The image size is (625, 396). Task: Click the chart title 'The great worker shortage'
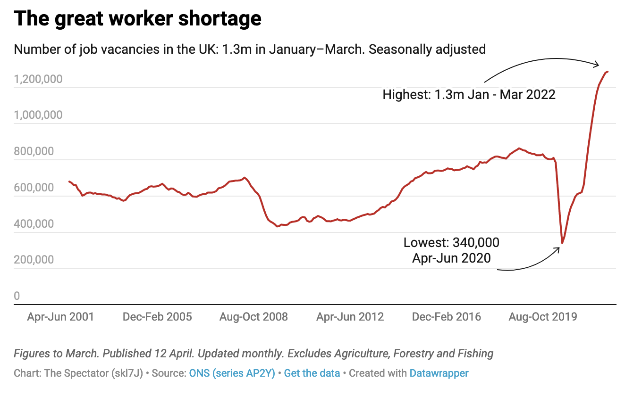[137, 19]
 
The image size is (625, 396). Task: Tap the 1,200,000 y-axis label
[38, 79]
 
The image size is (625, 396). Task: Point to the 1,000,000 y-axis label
[38, 115]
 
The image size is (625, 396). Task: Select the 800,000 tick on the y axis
[38, 151]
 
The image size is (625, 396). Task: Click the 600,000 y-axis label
[38, 188]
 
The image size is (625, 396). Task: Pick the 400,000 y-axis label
[38, 223]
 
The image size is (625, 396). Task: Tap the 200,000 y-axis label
[38, 260]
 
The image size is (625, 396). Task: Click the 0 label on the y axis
[17, 296]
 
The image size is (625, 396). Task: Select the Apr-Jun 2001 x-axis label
[60, 317]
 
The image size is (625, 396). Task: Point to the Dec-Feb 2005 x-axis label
[157, 317]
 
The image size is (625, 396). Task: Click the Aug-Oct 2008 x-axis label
[253, 317]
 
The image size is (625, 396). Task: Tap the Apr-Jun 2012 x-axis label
[350, 317]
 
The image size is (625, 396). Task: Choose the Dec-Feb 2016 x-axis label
[447, 317]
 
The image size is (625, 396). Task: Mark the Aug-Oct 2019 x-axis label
[543, 317]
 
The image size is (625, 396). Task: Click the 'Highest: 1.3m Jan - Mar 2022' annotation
[469, 94]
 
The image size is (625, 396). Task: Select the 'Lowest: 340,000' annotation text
[451, 243]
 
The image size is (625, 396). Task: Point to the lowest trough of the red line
[562, 243]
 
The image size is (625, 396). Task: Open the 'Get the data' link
[312, 373]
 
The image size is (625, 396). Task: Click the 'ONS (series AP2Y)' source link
[232, 373]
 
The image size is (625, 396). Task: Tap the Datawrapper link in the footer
[439, 373]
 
